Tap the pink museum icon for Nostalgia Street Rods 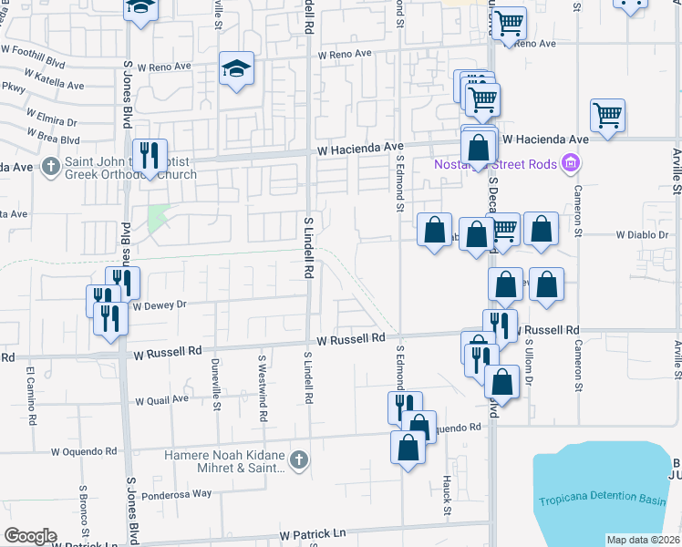coord(572,164)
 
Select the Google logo coord(30,536)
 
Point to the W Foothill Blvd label coord(34,64)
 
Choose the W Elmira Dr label coord(50,120)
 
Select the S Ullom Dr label coord(528,362)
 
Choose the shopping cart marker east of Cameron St coord(607,116)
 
